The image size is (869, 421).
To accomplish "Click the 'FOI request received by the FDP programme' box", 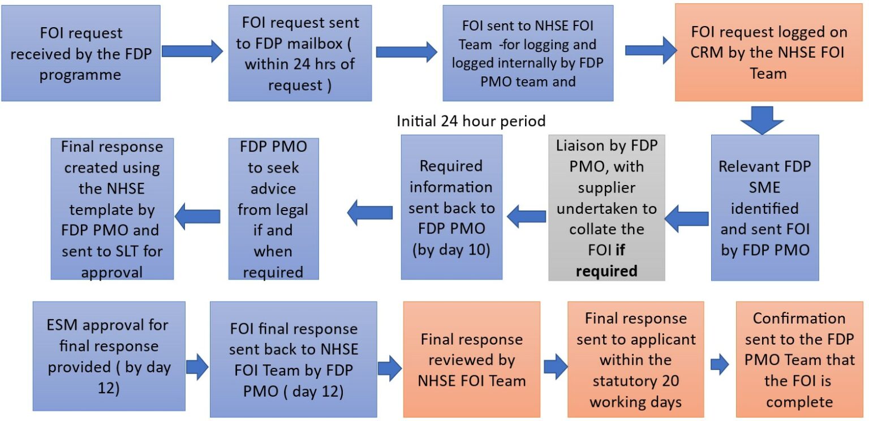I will click(80, 53).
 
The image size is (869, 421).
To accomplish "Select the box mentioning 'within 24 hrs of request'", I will click(300, 53).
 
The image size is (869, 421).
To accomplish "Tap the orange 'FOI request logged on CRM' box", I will click(768, 53).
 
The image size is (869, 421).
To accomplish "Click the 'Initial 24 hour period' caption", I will click(471, 121).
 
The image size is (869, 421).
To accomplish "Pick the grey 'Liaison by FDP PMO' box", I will click(606, 208).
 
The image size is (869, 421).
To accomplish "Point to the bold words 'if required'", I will click(606, 260).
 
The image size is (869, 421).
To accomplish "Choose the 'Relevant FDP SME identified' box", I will click(764, 208).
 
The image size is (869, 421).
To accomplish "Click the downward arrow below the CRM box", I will click(762, 119).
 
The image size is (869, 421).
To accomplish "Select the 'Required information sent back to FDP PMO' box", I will click(451, 207).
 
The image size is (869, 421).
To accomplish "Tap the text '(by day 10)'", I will click(451, 250).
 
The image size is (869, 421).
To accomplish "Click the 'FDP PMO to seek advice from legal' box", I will click(273, 209).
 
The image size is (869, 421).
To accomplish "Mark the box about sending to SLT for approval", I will click(111, 209).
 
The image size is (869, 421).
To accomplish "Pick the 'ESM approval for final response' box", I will click(109, 356).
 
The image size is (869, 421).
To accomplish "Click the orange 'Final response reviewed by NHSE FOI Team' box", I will click(471, 359).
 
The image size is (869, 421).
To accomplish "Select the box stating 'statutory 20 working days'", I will click(635, 359).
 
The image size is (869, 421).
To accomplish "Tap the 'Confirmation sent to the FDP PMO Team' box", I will click(799, 359).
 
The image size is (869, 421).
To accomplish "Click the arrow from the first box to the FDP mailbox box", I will click(193, 51).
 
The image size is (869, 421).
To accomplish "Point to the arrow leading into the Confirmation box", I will click(720, 365).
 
